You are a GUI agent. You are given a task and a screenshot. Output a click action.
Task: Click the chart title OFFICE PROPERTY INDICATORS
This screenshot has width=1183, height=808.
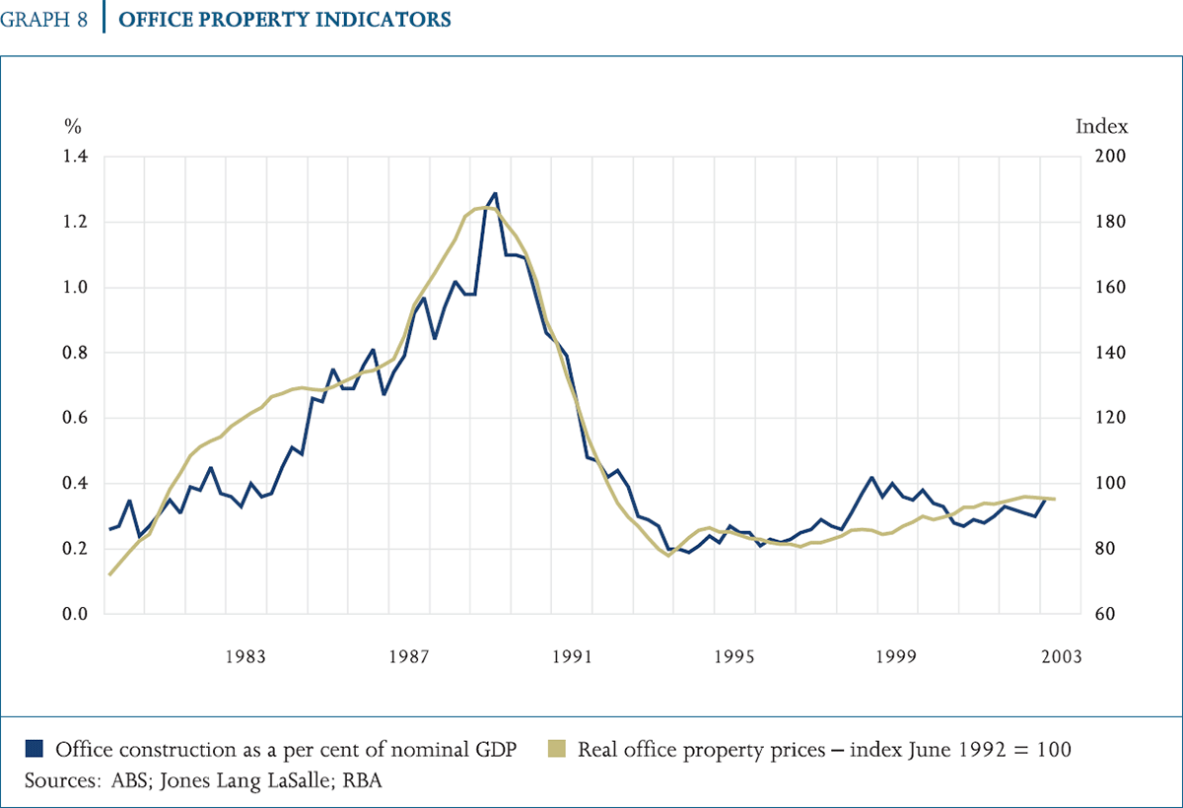[x=285, y=20]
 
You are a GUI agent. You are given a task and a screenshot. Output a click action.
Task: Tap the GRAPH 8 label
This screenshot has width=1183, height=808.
[x=45, y=20]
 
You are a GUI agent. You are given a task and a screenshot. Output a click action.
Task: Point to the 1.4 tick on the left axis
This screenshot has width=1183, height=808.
[x=76, y=157]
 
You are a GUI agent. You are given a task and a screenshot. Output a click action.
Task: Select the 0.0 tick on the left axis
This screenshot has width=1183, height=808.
[x=76, y=615]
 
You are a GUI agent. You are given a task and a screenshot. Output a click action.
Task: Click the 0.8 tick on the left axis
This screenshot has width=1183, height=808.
[x=76, y=353]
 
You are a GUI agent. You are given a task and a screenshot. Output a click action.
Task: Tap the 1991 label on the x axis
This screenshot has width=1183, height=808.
[x=572, y=656]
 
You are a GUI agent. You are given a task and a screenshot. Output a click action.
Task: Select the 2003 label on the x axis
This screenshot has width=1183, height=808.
[x=1061, y=656]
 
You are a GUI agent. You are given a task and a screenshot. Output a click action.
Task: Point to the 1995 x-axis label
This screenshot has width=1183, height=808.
[x=734, y=656]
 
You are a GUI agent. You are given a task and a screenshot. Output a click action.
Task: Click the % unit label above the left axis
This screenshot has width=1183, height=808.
[x=72, y=126]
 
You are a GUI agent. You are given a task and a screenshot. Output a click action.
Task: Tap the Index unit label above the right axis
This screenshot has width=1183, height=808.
[x=1101, y=126]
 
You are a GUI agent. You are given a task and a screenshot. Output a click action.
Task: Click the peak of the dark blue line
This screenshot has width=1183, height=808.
[x=495, y=193]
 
